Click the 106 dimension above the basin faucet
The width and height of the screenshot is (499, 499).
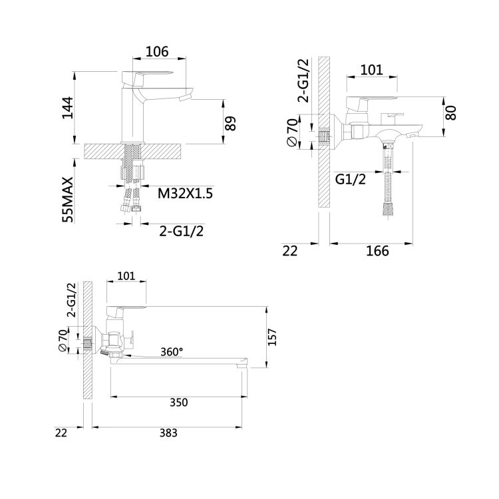[157, 51]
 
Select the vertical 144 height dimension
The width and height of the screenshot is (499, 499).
[67, 108]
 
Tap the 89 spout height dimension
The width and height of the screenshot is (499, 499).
[231, 123]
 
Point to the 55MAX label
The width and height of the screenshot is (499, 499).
[68, 200]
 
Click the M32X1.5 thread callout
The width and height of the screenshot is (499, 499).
[185, 193]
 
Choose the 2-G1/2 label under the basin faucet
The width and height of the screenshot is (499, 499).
[182, 231]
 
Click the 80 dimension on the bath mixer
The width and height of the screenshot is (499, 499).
[450, 112]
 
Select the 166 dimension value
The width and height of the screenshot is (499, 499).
[377, 251]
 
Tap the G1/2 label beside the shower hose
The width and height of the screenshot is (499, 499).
[351, 180]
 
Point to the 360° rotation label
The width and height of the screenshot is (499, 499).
[172, 352]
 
